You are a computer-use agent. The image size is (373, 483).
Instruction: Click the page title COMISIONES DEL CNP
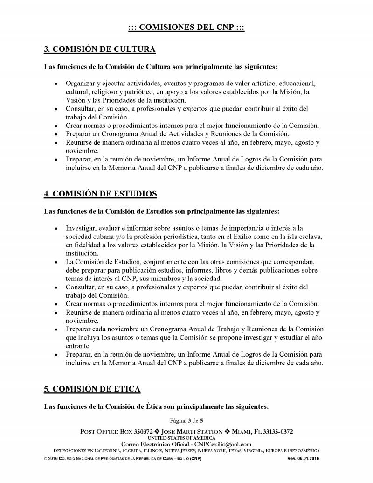186,28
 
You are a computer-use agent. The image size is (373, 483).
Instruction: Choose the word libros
233,270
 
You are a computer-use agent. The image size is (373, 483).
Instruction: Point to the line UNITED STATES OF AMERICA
186,438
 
